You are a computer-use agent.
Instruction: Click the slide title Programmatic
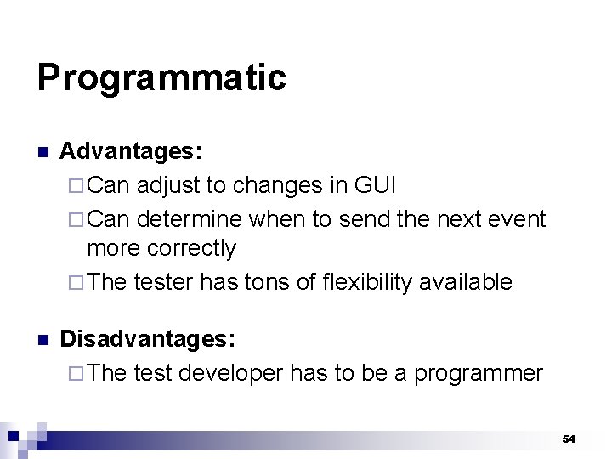point(161,78)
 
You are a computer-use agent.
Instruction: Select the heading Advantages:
point(131,152)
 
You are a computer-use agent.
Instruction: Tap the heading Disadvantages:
point(148,340)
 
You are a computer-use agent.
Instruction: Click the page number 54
point(569,439)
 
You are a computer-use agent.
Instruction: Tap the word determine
point(190,219)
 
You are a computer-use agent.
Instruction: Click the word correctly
point(191,249)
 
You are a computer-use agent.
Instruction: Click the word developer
point(230,373)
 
